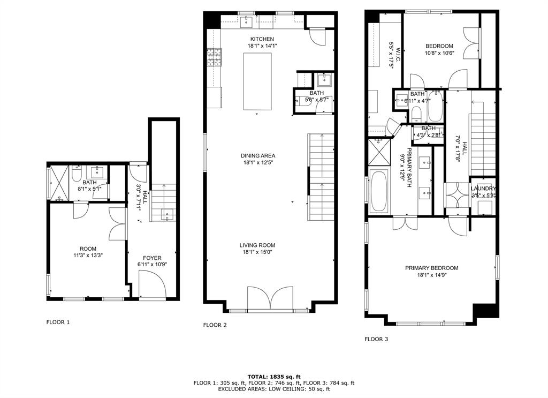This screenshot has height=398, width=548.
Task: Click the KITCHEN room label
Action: point(262,39)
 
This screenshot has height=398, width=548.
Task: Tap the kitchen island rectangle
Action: point(257,81)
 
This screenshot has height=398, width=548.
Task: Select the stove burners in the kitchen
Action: point(215,57)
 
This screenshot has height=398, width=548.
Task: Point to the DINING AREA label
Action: point(258,156)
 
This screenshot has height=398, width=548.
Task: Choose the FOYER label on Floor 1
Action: point(152,258)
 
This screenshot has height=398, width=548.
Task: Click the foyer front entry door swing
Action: point(152,284)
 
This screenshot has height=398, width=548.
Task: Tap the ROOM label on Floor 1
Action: point(88,249)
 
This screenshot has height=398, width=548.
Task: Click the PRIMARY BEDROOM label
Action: point(432,268)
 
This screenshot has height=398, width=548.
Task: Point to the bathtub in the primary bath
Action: point(379,191)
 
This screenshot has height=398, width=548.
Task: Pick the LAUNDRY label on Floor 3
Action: point(483,189)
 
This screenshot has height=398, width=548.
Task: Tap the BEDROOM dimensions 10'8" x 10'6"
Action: point(439,53)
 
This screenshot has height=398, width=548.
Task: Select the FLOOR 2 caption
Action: point(215,325)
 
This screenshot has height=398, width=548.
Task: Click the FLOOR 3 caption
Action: point(376,339)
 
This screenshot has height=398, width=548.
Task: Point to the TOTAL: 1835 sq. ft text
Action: point(274,377)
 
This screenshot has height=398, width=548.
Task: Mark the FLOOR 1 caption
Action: point(58,322)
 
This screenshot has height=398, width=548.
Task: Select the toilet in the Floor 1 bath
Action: point(77,174)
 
